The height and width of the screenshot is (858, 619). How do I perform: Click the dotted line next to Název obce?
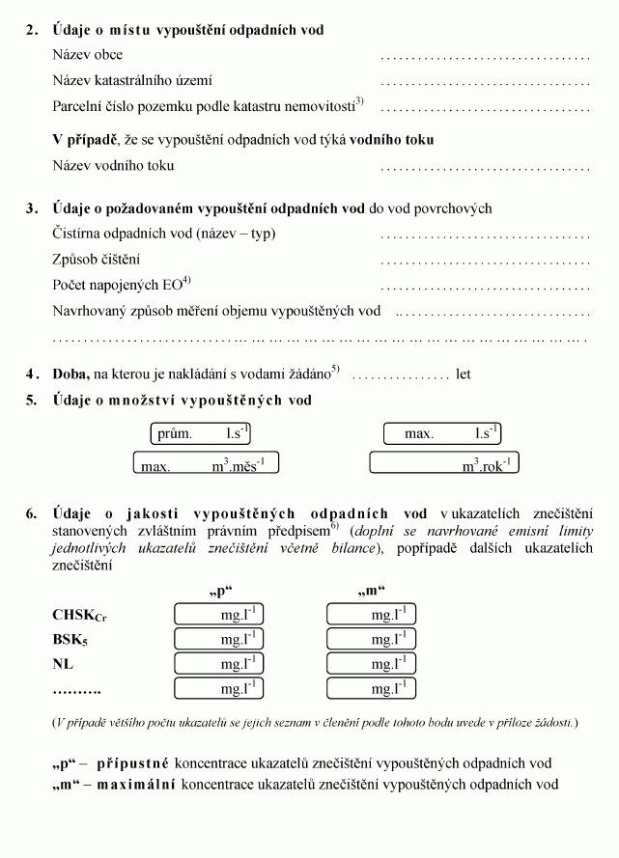(485, 57)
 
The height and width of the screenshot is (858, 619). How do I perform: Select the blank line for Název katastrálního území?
(485, 82)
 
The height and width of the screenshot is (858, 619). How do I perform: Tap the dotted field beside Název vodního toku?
(485, 167)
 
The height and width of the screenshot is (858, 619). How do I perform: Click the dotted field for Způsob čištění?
(485, 261)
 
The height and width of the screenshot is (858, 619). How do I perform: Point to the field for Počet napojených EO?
(485, 287)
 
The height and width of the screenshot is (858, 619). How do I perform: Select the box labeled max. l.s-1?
(442, 434)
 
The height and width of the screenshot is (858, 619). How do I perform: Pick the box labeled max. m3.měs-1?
(198, 464)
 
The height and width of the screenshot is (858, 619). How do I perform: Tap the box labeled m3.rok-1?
(443, 464)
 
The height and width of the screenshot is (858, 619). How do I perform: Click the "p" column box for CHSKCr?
(218, 614)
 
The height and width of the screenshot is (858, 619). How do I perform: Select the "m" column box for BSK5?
(371, 639)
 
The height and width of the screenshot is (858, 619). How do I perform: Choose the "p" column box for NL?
(218, 664)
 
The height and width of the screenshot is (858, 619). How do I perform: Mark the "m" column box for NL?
(371, 664)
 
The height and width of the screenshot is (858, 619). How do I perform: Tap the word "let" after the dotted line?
(464, 374)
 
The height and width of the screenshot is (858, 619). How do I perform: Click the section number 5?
(31, 401)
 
